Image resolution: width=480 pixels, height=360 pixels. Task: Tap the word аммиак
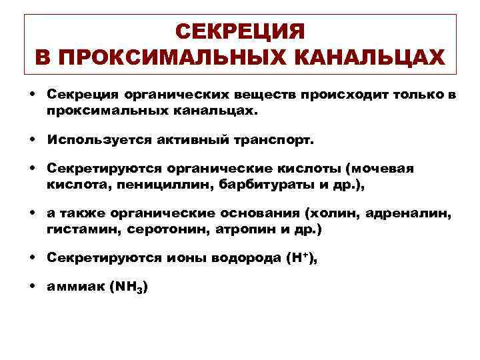coord(74,287)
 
